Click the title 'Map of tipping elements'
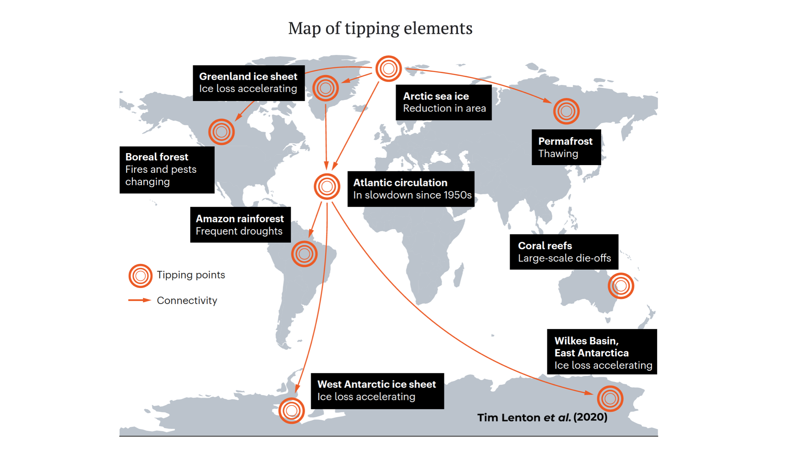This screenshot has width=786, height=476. [380, 28]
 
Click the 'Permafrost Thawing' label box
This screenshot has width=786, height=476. [566, 147]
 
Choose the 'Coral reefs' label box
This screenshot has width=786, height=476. [564, 252]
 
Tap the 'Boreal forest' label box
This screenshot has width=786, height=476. [167, 170]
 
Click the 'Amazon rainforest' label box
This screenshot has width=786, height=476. [241, 225]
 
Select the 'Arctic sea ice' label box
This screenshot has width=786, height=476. [444, 102]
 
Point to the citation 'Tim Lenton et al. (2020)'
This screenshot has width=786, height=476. [542, 417]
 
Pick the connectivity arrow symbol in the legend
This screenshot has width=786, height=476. [140, 300]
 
